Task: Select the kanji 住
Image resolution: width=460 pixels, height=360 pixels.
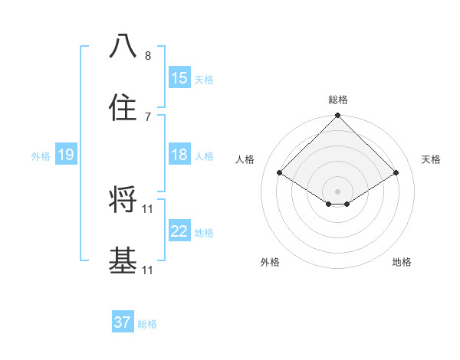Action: point(123,108)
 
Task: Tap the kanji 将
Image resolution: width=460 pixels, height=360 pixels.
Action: point(123,200)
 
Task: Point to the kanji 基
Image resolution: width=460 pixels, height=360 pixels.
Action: point(123,261)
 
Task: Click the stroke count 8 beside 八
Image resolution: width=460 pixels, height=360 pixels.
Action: point(147,56)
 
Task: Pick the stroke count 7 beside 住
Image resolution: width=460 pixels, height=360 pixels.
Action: point(147,117)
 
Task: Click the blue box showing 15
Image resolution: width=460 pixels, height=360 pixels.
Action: point(179,78)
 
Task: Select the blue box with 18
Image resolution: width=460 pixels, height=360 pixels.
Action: point(179,155)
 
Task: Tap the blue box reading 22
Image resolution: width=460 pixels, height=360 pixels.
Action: point(179,232)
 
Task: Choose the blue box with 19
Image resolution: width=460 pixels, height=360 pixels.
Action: point(66,155)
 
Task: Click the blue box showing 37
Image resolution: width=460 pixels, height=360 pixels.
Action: point(123,322)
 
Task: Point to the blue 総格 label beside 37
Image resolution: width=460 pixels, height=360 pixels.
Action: point(147,324)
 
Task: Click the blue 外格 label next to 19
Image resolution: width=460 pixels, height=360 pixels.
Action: point(41,156)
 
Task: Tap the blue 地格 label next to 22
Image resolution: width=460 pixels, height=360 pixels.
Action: point(204,233)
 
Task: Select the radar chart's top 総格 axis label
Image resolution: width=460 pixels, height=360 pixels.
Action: point(337,100)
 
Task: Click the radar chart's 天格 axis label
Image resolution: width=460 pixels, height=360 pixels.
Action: point(431,159)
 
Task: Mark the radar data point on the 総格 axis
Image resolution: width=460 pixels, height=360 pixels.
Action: point(337,116)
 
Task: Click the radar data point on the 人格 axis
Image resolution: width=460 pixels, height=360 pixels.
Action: point(280,173)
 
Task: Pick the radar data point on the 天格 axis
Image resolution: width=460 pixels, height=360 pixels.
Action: point(396,173)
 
